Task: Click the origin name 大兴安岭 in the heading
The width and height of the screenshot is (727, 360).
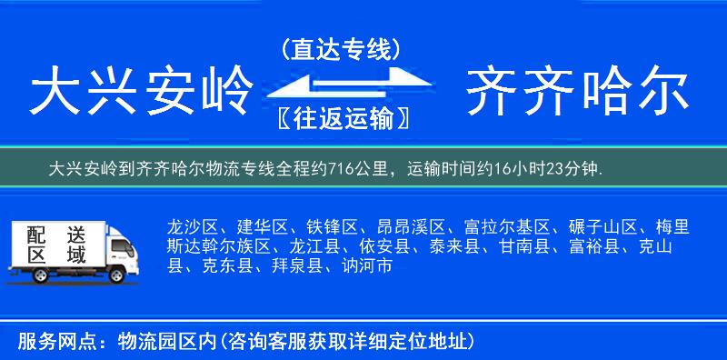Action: [x=141, y=94]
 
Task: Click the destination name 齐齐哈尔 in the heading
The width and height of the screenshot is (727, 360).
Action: [x=576, y=94]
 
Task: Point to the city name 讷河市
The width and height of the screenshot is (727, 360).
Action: [x=366, y=266]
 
